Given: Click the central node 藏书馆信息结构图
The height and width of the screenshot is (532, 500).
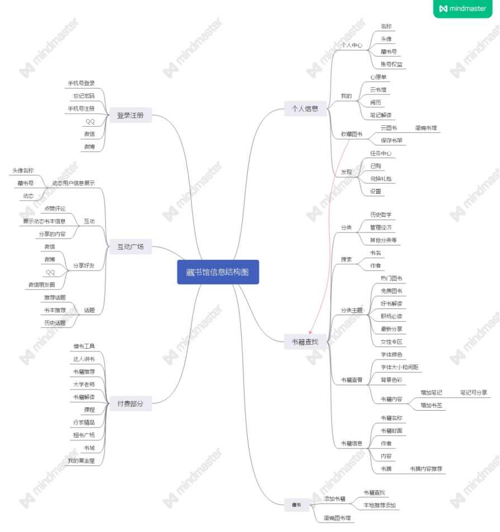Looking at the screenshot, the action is pos(218,272).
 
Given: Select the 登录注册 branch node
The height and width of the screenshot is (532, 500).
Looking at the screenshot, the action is pos(130,115).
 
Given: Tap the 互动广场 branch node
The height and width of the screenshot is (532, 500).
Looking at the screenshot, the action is pos(130,246).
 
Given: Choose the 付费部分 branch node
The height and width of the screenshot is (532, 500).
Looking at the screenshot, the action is pos(130,403).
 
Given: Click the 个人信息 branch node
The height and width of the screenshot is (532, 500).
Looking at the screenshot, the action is pos(305,109).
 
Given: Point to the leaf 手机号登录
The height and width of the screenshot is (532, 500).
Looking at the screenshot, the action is pos(82,83).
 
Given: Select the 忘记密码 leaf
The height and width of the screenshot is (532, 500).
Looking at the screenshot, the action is pos(84,96).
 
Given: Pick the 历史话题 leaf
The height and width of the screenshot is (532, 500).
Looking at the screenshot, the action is pos(55,322).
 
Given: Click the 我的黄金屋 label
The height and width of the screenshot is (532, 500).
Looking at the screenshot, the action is pos(81,460).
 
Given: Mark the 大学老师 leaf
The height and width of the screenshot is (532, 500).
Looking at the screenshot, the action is pos(84,384).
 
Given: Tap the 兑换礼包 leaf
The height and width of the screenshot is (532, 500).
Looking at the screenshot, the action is pos(381,179).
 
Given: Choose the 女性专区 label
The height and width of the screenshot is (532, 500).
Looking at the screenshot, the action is pos(391,341).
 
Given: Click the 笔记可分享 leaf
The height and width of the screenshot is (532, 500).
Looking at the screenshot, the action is pos(474,392).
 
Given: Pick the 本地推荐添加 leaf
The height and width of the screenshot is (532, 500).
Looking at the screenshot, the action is pos(380,505).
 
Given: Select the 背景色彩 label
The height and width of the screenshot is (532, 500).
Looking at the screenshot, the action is pos(391,380).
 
